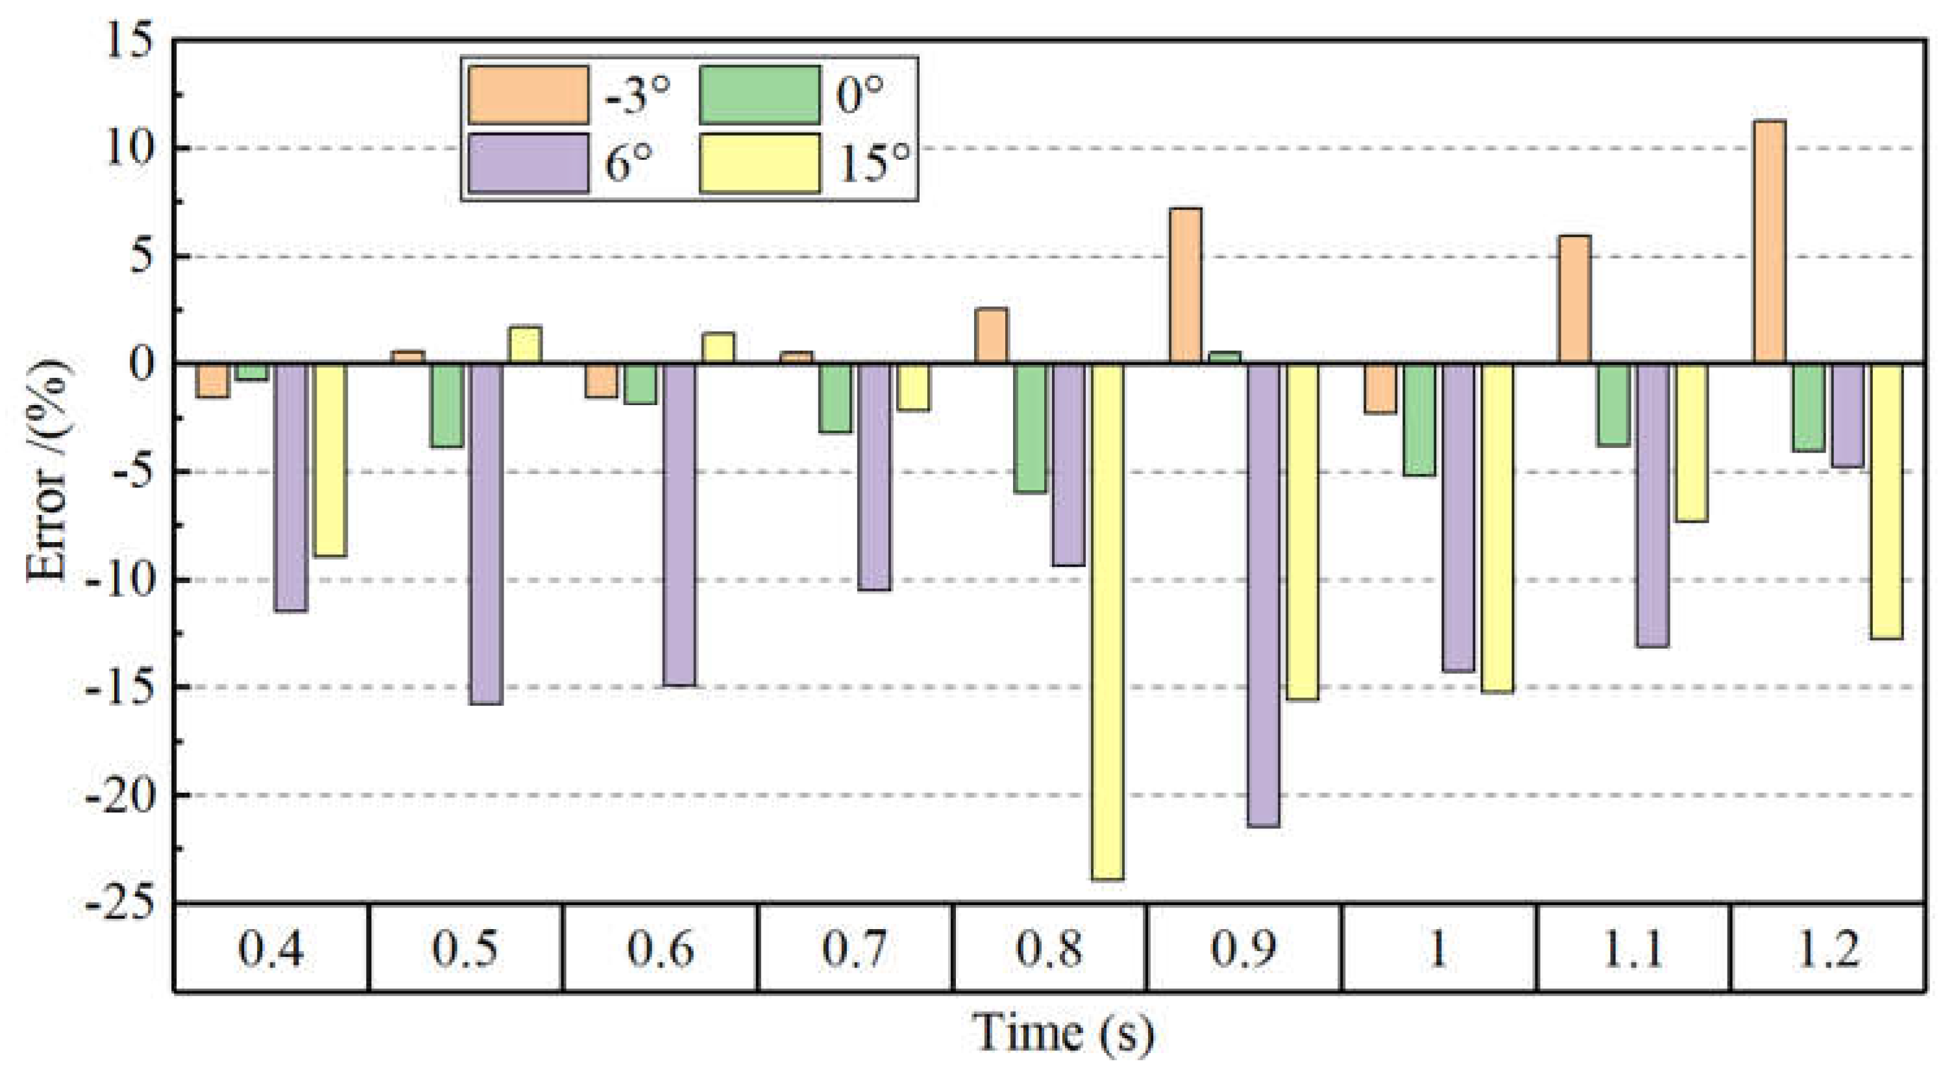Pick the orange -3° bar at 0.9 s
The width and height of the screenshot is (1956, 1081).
1185,286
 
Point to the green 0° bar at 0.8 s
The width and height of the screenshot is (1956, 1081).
1030,428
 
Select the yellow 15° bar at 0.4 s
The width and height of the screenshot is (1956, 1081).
330,460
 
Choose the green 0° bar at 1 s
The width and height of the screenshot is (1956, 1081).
1419,419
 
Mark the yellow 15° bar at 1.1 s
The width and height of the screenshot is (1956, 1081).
1691,442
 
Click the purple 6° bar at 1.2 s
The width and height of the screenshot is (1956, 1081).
1847,415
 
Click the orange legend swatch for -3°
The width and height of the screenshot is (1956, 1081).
528,95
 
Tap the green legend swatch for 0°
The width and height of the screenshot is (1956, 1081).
759,95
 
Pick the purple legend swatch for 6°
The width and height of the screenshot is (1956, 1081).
528,162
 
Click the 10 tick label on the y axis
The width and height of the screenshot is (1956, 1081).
129,148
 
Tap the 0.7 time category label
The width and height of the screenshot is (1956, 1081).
854,949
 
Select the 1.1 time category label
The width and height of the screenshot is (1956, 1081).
1633,949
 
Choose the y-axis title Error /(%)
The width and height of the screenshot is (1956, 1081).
47,471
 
